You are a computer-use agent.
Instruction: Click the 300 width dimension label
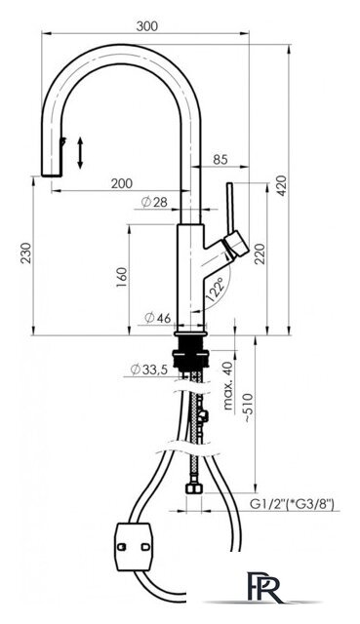pyautogui.click(x=147, y=26)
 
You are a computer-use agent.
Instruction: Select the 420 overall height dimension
pyautogui.click(x=282, y=185)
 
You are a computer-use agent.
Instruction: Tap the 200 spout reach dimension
pyautogui.click(x=121, y=183)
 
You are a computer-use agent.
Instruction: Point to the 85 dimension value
pyautogui.click(x=220, y=159)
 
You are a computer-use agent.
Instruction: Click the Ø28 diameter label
pyautogui.click(x=154, y=203)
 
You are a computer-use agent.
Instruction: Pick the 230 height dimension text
pyautogui.click(x=26, y=253)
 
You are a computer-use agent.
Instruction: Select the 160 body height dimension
pyautogui.click(x=122, y=278)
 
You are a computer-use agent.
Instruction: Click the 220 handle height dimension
pyautogui.click(x=260, y=254)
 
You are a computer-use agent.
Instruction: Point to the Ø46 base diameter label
pyautogui.click(x=158, y=318)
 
